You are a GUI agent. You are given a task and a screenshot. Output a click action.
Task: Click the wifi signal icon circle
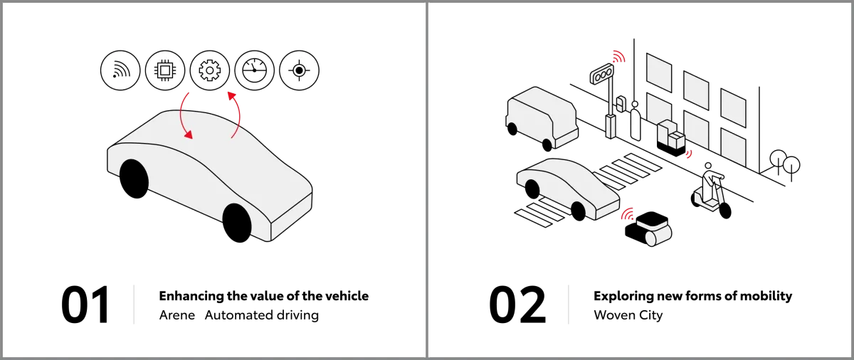tap(120, 70)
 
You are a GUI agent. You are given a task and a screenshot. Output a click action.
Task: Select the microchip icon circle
tap(165, 70)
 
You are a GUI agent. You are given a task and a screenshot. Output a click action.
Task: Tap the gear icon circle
tap(210, 70)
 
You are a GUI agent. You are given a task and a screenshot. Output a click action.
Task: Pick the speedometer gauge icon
tap(254, 70)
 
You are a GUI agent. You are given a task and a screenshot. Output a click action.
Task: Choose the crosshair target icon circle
tap(300, 70)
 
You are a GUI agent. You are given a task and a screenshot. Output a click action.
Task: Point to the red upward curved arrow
tap(239, 115)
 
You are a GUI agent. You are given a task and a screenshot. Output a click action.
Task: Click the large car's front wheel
tap(237, 223)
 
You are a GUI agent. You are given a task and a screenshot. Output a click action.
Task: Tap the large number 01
tap(85, 305)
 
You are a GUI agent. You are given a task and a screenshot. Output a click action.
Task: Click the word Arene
tap(177, 315)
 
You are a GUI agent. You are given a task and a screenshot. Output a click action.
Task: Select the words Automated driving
tap(262, 315)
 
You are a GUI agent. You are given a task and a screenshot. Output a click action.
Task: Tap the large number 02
tap(517, 305)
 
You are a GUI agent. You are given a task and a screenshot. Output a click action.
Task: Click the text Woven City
tap(628, 315)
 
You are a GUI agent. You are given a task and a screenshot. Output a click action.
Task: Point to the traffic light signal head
tap(602, 73)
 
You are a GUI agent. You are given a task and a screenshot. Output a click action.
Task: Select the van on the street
tap(542, 117)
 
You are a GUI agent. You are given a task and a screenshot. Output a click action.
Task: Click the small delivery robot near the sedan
tap(648, 229)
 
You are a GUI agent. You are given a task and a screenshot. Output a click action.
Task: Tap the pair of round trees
tap(785, 163)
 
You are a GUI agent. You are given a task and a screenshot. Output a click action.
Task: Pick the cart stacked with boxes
tap(671, 138)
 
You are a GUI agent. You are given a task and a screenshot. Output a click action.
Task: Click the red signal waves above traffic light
tap(619, 56)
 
